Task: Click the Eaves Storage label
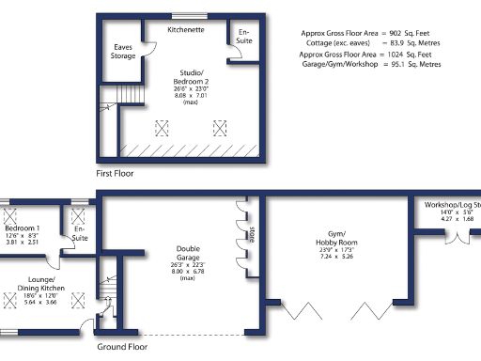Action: click(x=123, y=51)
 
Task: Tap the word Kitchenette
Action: click(x=187, y=30)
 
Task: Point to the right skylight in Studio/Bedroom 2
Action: click(x=222, y=126)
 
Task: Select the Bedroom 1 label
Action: click(x=22, y=228)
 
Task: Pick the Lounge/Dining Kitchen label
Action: click(x=39, y=286)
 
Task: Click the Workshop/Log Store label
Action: click(x=452, y=204)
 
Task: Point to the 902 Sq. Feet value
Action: click(x=411, y=33)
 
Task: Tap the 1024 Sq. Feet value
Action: click(x=411, y=55)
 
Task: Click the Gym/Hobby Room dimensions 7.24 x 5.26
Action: click(x=334, y=256)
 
